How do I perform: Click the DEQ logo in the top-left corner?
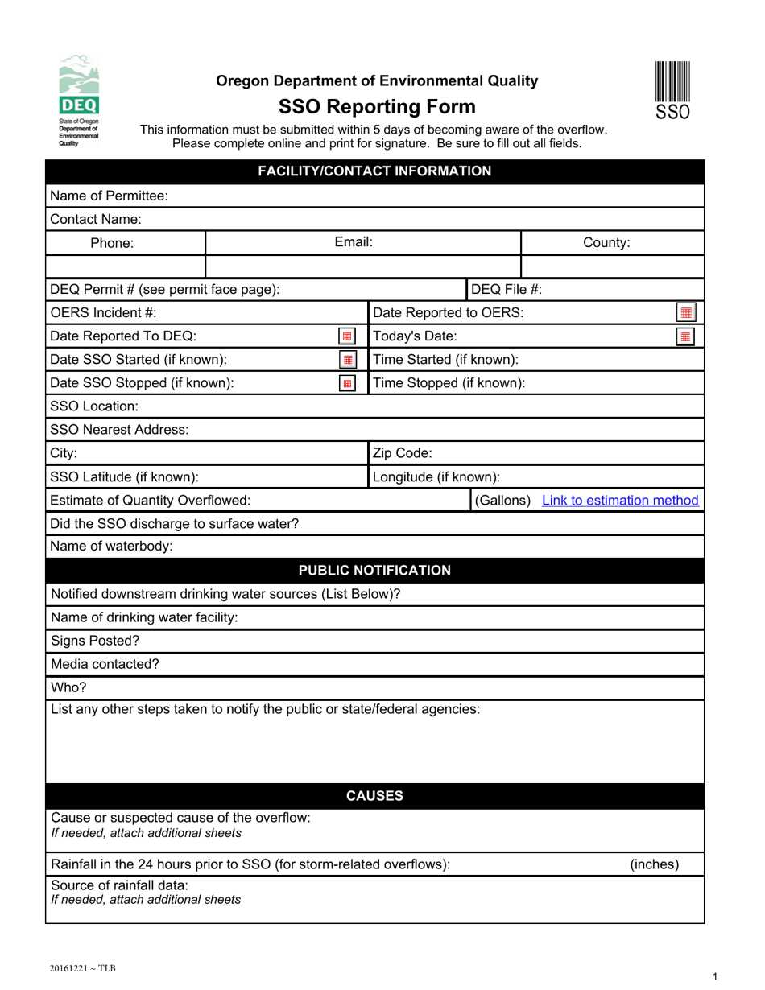point(79,100)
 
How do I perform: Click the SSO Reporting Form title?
point(377,107)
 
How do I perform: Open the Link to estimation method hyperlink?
point(620,501)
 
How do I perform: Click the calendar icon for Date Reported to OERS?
point(686,313)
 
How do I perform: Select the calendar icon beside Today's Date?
point(686,336)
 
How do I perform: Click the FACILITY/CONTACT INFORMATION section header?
point(374,171)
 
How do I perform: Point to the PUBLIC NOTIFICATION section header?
point(374,571)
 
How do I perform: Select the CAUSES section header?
point(374,797)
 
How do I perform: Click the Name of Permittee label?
point(109,196)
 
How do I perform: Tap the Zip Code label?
point(403,453)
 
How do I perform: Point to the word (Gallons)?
point(503,501)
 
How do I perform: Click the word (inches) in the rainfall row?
point(654,864)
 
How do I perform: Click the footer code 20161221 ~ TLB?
point(82,968)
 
